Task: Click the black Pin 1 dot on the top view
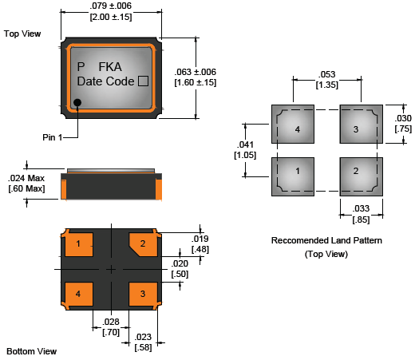click(x=77, y=102)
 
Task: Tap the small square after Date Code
click(x=143, y=81)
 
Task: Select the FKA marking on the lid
click(x=110, y=67)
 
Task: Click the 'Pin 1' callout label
click(x=52, y=137)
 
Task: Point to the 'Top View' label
click(x=22, y=34)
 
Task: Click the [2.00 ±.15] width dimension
click(x=111, y=17)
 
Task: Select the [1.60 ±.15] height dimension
click(x=196, y=82)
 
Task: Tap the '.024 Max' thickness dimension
click(x=26, y=178)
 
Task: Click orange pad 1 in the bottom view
click(x=79, y=245)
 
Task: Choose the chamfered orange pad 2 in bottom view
click(x=143, y=245)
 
